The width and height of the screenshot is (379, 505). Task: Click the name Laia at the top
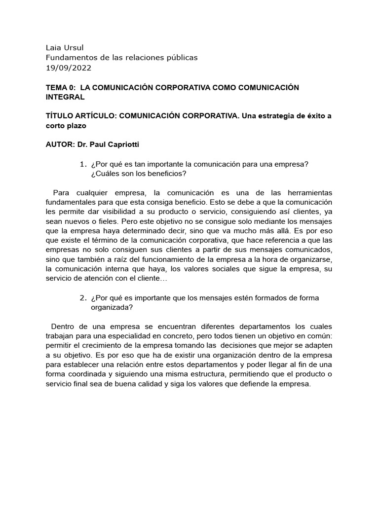tap(53, 48)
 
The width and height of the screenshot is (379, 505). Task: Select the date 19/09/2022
tap(69, 68)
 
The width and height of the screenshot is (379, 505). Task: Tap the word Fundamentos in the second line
tap(69, 58)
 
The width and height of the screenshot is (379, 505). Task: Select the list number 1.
tap(82, 164)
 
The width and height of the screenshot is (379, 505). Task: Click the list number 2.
tap(82, 298)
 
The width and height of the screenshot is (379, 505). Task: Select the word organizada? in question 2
tap(112, 307)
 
